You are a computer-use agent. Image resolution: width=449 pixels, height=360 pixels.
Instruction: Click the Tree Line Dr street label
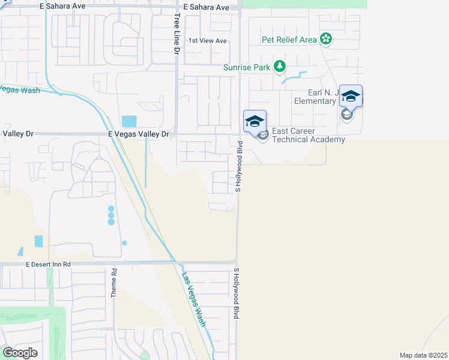click(177, 35)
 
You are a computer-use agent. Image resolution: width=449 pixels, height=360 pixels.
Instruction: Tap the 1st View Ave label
click(208, 41)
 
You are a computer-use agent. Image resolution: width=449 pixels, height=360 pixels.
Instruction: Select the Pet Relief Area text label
click(289, 40)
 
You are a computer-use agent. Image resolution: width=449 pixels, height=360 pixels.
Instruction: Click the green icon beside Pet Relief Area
click(325, 40)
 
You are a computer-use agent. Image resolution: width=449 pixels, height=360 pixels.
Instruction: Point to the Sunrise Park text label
click(247, 67)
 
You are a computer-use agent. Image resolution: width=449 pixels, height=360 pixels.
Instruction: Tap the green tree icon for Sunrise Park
click(280, 67)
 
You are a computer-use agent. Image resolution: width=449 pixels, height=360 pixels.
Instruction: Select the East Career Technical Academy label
click(309, 135)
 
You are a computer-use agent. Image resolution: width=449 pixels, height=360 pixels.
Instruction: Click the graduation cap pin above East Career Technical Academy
click(255, 121)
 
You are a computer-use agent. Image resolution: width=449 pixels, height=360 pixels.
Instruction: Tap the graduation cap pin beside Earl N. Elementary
click(351, 95)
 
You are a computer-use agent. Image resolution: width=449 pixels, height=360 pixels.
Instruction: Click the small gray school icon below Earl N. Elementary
click(346, 114)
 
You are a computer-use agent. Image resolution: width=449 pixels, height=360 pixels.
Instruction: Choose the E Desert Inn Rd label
click(48, 264)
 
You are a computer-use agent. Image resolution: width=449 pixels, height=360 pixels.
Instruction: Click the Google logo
click(20, 353)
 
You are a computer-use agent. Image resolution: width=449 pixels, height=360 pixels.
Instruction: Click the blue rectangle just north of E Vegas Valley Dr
click(128, 121)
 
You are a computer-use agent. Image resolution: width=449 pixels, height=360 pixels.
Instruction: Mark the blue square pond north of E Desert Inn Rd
click(39, 241)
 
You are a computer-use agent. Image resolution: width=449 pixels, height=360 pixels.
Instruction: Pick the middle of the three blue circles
click(111, 215)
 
